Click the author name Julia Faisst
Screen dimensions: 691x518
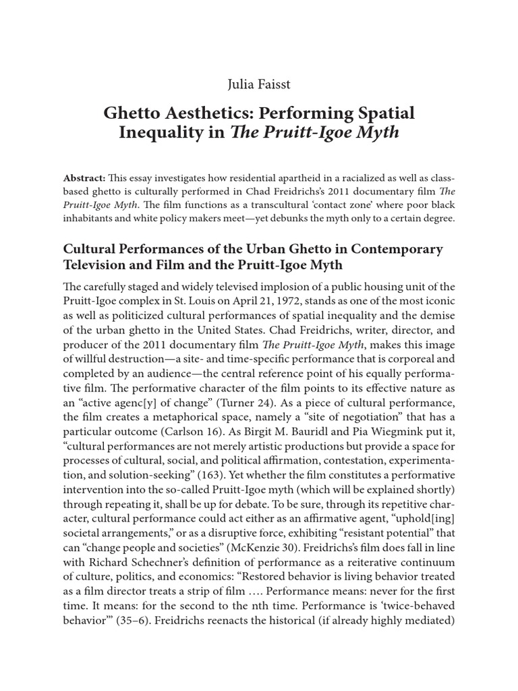coord(258,84)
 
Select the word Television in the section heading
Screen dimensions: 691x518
coord(100,264)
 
